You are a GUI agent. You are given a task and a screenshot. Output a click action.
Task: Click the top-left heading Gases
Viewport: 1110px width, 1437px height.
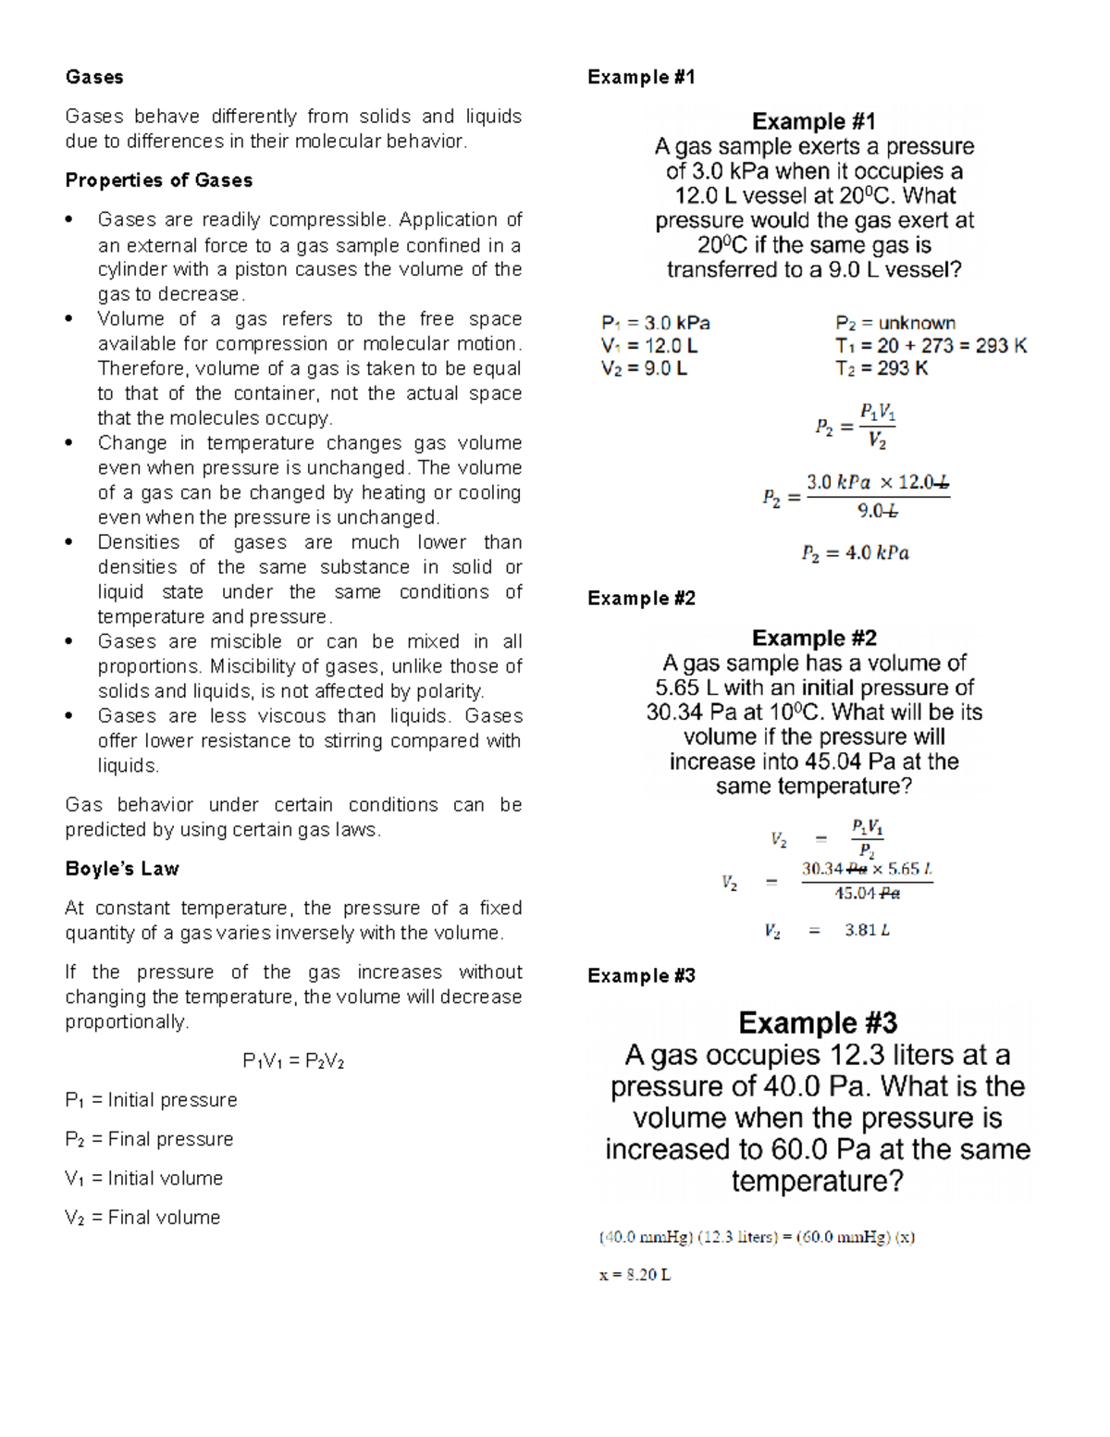point(93,77)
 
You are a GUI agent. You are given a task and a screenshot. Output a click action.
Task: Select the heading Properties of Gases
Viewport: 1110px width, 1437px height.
point(158,180)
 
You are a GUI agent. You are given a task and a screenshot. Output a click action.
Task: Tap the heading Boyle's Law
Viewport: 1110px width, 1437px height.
point(121,869)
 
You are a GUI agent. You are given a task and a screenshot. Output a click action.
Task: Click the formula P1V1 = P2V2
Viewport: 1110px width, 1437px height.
point(292,1061)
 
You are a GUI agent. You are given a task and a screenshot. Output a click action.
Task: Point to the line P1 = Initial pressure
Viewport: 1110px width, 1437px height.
point(151,1100)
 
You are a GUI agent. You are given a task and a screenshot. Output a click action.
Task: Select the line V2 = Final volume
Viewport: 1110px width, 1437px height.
point(142,1218)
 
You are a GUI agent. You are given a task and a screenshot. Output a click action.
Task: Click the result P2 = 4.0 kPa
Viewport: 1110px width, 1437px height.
point(855,553)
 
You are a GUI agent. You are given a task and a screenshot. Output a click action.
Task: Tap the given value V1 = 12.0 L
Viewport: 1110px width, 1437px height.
point(648,346)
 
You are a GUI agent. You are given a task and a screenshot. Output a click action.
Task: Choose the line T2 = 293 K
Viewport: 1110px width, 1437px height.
point(881,368)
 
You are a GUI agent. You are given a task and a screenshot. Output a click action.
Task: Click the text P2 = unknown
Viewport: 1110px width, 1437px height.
point(894,323)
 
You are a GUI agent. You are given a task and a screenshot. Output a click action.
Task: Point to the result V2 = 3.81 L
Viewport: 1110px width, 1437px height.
point(826,931)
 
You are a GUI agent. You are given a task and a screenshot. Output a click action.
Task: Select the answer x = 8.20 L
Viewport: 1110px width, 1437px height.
point(635,1275)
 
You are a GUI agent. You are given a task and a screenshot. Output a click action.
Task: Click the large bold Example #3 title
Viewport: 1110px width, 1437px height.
point(817,1023)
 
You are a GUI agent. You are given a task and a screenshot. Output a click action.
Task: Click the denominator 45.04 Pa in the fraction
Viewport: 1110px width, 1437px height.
point(866,894)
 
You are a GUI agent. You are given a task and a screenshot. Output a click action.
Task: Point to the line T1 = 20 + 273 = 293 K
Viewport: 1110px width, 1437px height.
point(930,346)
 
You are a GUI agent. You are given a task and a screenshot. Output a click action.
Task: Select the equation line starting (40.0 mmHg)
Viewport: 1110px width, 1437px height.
point(756,1237)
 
